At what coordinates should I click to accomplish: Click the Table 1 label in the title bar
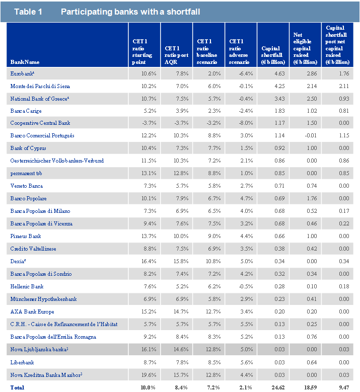click(x=28, y=12)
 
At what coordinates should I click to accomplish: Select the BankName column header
click(x=25, y=62)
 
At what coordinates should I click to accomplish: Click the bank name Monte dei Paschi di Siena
click(x=41, y=86)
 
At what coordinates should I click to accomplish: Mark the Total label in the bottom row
click(x=17, y=387)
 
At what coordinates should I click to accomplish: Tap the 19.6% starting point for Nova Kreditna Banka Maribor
click(x=145, y=375)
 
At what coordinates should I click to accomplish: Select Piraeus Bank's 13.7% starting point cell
click(x=145, y=237)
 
